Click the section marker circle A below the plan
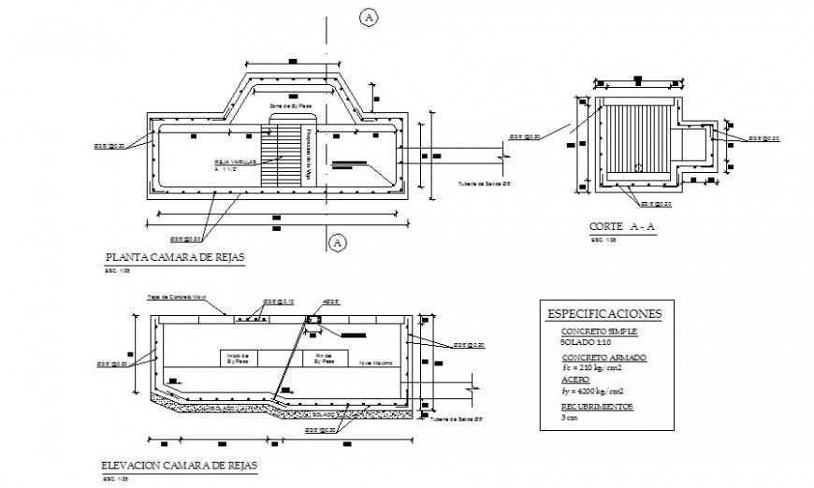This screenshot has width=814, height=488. (x=339, y=243)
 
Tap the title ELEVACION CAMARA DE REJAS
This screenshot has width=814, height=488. (x=179, y=465)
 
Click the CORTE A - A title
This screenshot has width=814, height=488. (x=622, y=227)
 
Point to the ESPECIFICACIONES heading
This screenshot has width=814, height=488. (x=603, y=313)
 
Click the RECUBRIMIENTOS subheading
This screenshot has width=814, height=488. (x=597, y=407)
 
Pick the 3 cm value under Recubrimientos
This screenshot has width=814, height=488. (x=570, y=419)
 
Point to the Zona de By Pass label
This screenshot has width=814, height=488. (x=290, y=108)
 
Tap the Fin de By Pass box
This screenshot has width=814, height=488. (x=325, y=357)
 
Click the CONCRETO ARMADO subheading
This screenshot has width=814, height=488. (x=603, y=358)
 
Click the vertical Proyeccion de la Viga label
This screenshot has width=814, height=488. (x=306, y=147)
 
